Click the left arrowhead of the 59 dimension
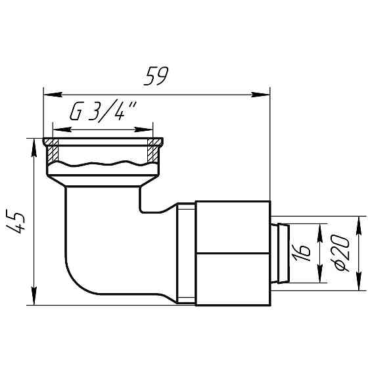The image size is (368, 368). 47,94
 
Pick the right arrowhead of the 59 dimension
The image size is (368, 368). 265,94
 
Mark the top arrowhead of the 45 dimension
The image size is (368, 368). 33,143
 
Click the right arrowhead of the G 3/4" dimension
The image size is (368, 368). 148,129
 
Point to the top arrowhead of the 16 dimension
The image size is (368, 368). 321,228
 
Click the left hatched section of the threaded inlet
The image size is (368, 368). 53,153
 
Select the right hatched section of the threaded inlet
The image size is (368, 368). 153,153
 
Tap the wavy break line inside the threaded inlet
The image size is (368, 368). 103,162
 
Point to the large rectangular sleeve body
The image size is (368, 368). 233,253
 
